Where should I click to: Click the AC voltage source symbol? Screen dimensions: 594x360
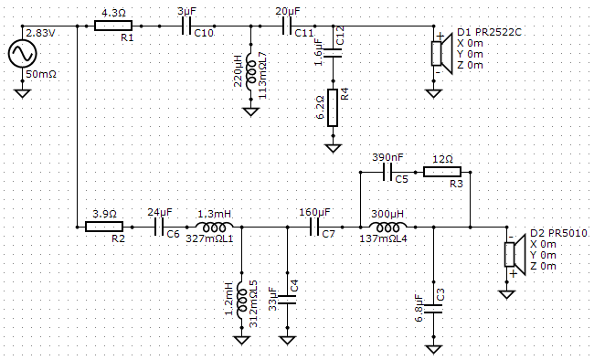pos(22,53)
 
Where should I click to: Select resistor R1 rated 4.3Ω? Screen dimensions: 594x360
pos(113,26)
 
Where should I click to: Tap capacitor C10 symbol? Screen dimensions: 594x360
pos(186,26)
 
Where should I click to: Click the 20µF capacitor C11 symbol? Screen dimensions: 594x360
pos(287,26)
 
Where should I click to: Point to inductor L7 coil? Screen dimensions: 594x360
pos(250,71)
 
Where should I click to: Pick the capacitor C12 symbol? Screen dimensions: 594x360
pos(333,53)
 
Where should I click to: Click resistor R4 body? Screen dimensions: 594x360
pos(333,108)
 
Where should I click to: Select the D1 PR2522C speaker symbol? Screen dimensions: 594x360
pos(442,53)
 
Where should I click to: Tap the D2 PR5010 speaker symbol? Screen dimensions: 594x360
pos(514,254)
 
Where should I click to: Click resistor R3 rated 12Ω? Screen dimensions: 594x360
pos(442,172)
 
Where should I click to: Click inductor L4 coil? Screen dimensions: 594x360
pos(387,227)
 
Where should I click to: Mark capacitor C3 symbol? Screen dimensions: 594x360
pos(433,309)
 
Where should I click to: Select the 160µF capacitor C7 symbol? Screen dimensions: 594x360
pos(314,227)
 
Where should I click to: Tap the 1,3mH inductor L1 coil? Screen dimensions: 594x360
pos(214,227)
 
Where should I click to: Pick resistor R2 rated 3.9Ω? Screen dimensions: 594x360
pos(104,227)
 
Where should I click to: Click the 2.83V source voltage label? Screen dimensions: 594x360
pos(40,33)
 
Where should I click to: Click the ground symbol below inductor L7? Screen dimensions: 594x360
pos(250,111)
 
